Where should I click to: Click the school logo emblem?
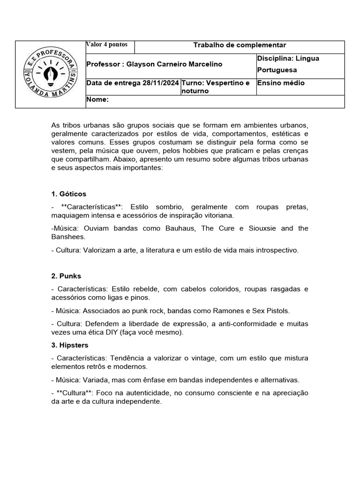coord(51,75)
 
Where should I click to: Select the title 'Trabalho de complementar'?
coord(240,45)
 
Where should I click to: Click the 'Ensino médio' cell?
coord(281,83)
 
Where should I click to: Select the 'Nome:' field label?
coord(98,99)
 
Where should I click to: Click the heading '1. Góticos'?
coord(68,194)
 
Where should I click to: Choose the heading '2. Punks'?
coord(67,276)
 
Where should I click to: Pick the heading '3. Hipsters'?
coord(70,345)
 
